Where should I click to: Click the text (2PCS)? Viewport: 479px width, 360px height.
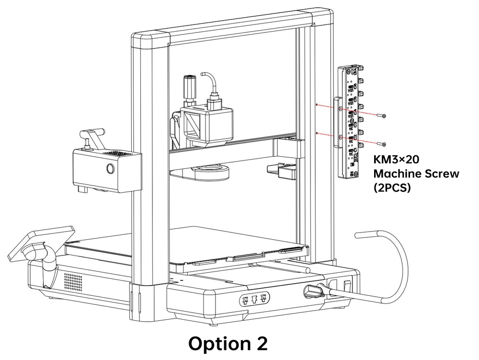click(x=392, y=188)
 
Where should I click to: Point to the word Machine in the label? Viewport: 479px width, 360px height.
click(x=396, y=174)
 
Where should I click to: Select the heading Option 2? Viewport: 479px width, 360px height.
click(x=228, y=344)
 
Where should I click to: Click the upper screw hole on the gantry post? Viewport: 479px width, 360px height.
click(x=317, y=104)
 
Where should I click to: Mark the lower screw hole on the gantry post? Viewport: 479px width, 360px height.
click(x=317, y=132)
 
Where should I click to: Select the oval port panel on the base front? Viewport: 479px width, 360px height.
click(x=254, y=300)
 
